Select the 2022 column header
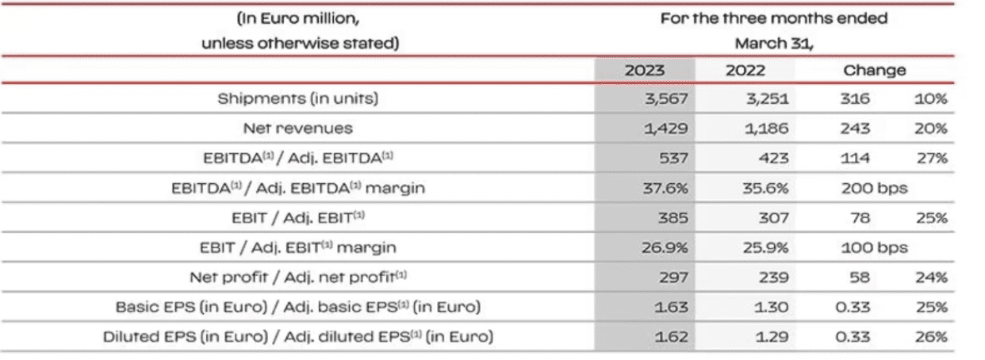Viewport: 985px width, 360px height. click(x=745, y=70)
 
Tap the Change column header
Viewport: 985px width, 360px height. click(x=874, y=70)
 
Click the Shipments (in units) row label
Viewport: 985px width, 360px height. click(x=298, y=99)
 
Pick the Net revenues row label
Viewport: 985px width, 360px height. click(x=298, y=128)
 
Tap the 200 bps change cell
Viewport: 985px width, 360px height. click(x=874, y=188)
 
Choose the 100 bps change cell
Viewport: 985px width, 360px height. click(x=874, y=247)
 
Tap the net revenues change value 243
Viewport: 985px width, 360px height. click(x=853, y=128)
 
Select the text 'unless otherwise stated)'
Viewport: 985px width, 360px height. click(x=298, y=44)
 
